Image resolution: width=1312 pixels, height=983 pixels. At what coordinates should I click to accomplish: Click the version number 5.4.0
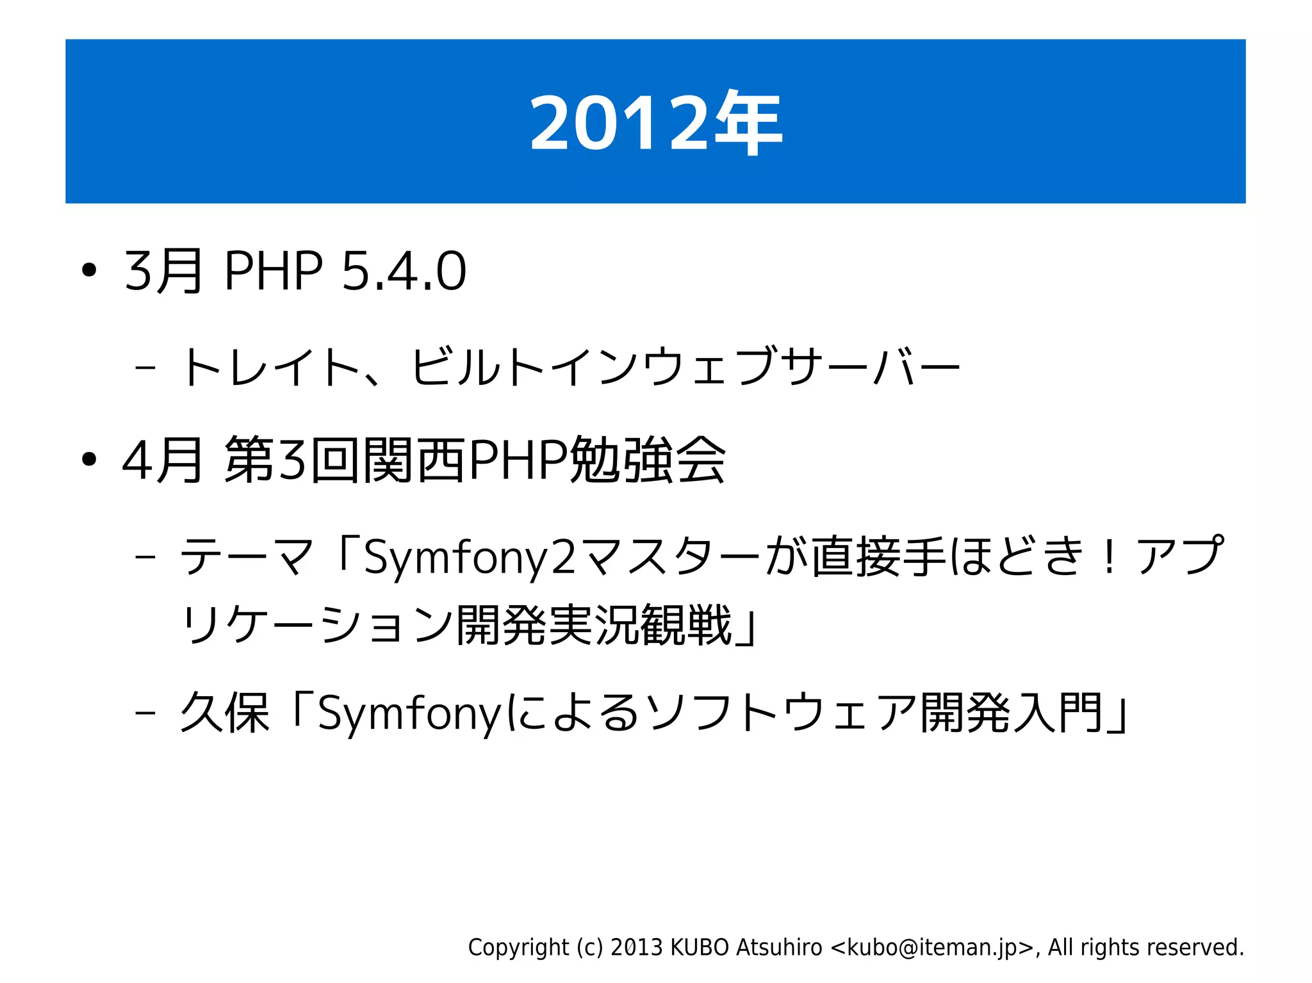click(x=404, y=271)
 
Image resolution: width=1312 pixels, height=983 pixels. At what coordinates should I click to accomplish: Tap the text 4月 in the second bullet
click(x=162, y=460)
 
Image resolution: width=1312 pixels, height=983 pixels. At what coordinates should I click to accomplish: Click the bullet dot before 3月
click(x=89, y=270)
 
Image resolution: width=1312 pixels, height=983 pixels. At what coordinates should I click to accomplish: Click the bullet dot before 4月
click(x=89, y=459)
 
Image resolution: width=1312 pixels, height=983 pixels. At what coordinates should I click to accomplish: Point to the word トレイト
click(x=270, y=367)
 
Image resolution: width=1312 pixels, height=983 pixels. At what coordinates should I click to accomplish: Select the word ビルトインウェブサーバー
click(x=685, y=367)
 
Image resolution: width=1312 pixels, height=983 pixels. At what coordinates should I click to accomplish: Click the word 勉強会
click(x=648, y=460)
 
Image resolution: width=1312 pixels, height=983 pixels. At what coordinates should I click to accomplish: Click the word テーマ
click(x=247, y=556)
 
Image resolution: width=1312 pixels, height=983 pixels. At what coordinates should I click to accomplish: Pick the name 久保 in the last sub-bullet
click(x=224, y=712)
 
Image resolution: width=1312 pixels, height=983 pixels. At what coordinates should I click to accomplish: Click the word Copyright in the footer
click(x=518, y=947)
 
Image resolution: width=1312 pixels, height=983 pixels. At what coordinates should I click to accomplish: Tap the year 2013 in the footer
click(x=636, y=947)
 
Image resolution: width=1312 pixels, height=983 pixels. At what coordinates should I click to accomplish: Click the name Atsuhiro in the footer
click(x=779, y=947)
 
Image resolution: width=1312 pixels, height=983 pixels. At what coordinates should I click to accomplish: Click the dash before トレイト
click(x=145, y=368)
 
